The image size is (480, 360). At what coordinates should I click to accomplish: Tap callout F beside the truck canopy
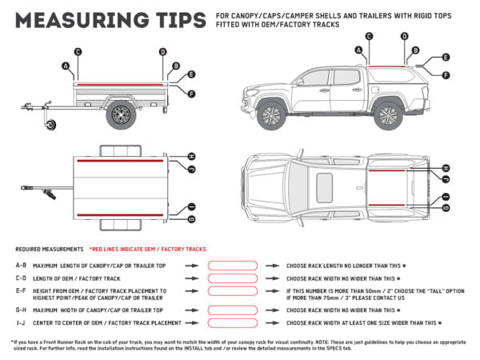(x=446, y=74)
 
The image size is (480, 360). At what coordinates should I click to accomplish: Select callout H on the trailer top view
(x=191, y=156)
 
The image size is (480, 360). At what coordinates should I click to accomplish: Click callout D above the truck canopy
(x=404, y=36)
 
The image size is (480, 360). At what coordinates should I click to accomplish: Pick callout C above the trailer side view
(x=78, y=52)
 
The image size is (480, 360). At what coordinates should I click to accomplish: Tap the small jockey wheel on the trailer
(x=54, y=125)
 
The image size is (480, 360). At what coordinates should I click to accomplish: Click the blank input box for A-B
(x=232, y=265)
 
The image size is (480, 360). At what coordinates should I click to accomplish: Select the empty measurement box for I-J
(x=232, y=322)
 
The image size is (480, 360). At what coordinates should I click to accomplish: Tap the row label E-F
(x=21, y=291)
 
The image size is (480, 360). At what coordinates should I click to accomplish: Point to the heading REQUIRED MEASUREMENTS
(x=49, y=250)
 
